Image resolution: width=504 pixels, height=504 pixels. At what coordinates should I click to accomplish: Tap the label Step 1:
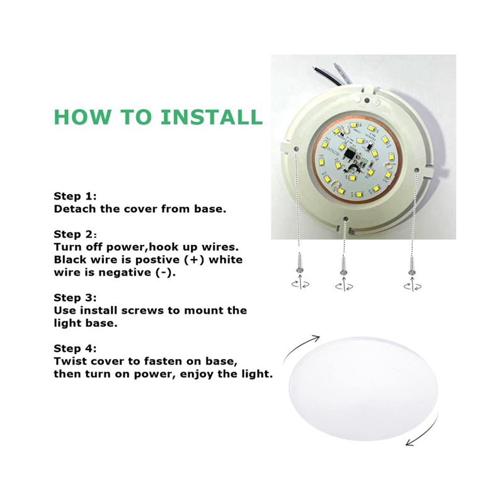[x=75, y=196]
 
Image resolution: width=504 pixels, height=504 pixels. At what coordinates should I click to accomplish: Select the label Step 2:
[x=75, y=234]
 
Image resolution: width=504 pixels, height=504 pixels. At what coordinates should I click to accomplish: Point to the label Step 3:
[x=75, y=297]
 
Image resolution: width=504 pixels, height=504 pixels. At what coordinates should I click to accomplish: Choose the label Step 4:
[x=75, y=348]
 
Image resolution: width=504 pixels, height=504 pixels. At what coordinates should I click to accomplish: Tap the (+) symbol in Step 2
[x=194, y=260]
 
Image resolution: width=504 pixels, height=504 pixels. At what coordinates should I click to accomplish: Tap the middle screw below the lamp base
[x=343, y=265]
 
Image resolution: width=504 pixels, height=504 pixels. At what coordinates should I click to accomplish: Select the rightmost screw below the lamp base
[x=411, y=265]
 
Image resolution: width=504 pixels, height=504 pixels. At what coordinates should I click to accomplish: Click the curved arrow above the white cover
[x=300, y=348]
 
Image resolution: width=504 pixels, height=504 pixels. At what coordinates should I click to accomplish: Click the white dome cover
[x=364, y=388]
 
